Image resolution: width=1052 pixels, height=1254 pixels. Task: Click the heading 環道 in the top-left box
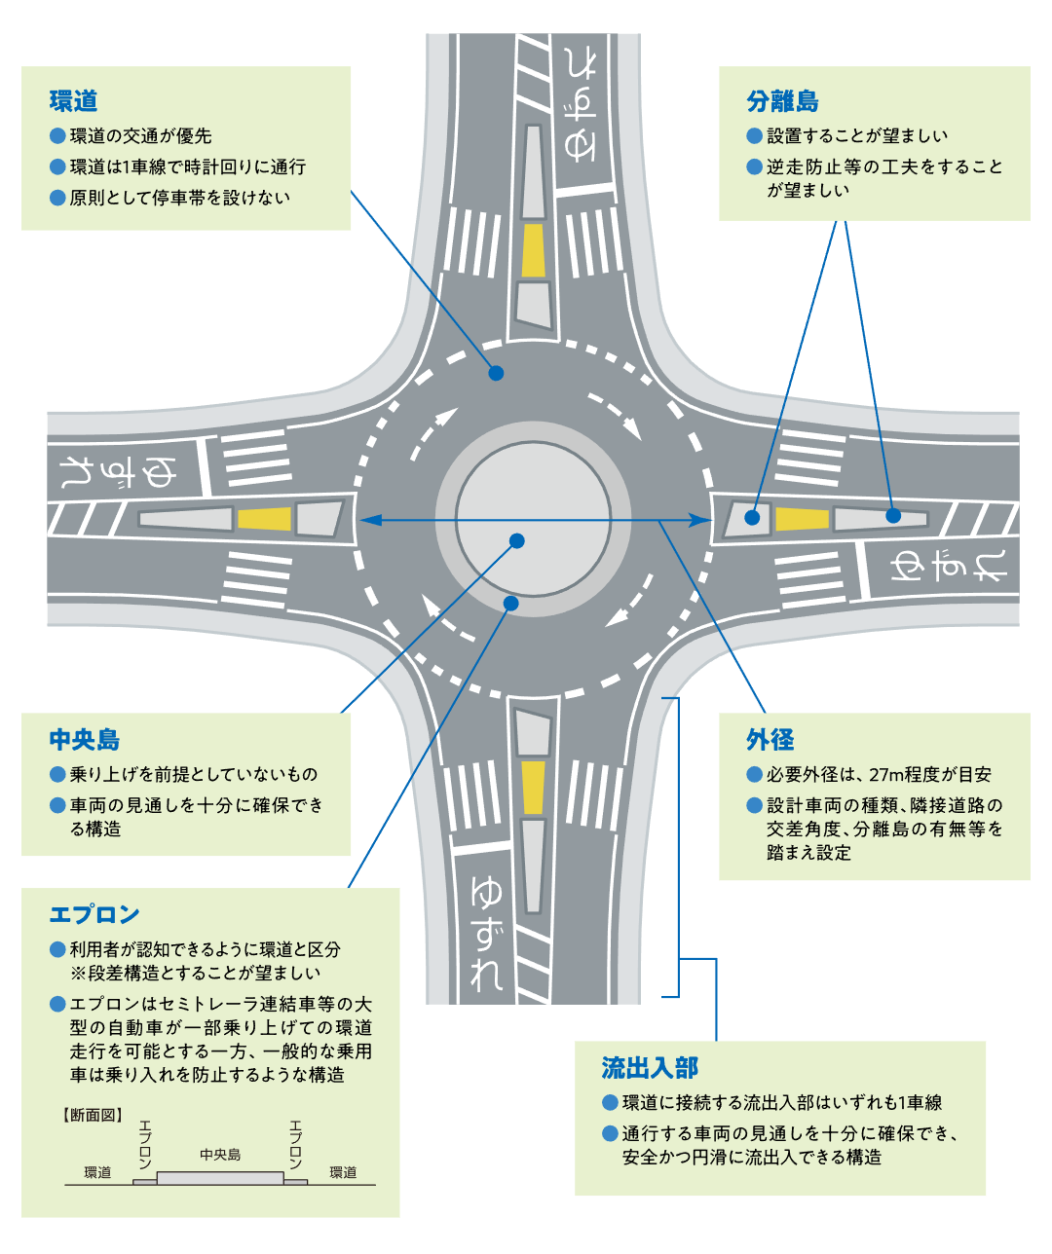coord(73,101)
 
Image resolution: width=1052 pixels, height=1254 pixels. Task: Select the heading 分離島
coord(782,101)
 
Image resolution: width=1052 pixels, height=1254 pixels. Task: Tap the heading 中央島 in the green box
coord(85,739)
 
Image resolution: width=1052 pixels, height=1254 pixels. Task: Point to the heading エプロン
coord(94,914)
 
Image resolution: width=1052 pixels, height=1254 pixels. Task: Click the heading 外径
coord(770,739)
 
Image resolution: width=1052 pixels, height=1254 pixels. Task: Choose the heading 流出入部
coord(650,1067)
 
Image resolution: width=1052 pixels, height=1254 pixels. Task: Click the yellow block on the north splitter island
coord(533,250)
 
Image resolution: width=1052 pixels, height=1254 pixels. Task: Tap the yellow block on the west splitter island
coord(264,518)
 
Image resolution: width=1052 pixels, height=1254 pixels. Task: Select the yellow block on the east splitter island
coord(802,519)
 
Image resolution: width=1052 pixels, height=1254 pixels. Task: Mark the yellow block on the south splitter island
coord(533,788)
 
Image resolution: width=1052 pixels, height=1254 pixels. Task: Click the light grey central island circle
coord(533,519)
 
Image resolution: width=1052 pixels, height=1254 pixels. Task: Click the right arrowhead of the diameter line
coord(699,520)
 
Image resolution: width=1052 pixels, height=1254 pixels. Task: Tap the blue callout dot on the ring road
coord(496,373)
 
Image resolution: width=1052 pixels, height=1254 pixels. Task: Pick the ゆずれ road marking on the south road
coord(486,933)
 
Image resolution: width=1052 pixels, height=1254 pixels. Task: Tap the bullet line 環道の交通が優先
coord(140,135)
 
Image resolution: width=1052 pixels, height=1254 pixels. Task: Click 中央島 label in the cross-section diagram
coord(220,1155)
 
